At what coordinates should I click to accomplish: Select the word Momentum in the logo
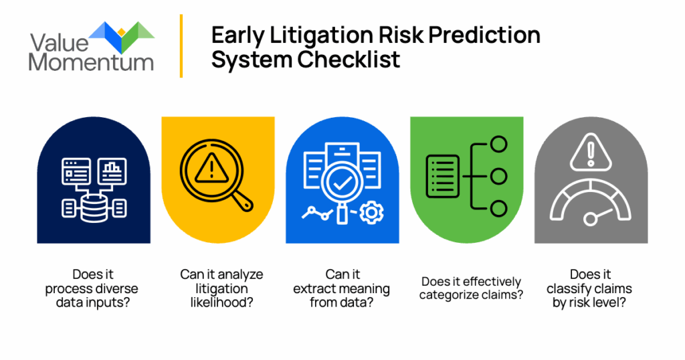point(91,62)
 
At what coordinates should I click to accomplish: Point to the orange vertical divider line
point(181,46)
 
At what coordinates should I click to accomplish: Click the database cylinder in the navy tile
point(94,208)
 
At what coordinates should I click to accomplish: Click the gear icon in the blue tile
point(371,213)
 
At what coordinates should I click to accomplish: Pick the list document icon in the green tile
point(443,176)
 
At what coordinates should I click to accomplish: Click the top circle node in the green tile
point(498,144)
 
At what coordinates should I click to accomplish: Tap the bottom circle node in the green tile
point(498,208)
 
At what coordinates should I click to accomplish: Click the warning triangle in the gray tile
point(591,152)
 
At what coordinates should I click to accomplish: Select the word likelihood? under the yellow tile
point(221,302)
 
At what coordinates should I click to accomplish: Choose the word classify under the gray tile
point(567,289)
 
